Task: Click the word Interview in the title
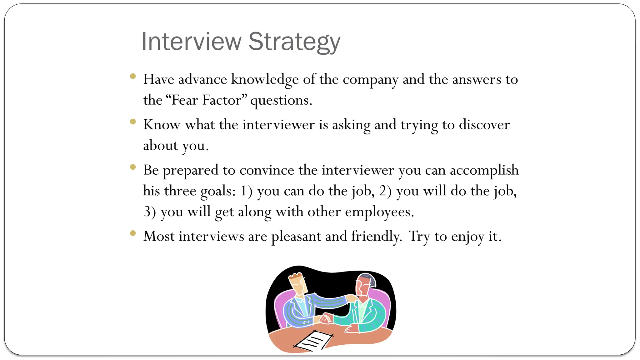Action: [x=192, y=42]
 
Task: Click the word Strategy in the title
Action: [x=294, y=42]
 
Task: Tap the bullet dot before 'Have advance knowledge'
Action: [x=133, y=76]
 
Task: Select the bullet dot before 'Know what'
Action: [x=133, y=122]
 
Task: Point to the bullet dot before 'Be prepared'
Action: [x=133, y=167]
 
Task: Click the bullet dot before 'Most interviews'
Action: [x=133, y=233]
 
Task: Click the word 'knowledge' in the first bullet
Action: [x=265, y=79]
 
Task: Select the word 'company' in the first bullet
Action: [x=370, y=80]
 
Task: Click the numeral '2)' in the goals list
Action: [x=385, y=191]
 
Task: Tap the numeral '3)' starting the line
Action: [x=150, y=212]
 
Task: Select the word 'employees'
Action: [x=379, y=212]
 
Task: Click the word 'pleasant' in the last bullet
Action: [x=296, y=237]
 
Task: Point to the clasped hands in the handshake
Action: [x=325, y=318]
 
